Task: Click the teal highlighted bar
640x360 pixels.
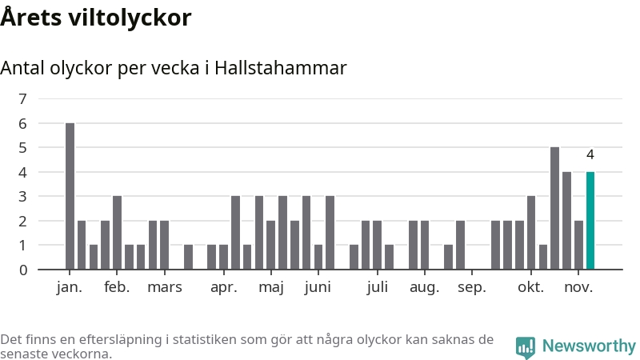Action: click(590, 221)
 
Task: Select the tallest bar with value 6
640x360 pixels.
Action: click(70, 196)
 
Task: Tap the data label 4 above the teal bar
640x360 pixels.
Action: click(590, 155)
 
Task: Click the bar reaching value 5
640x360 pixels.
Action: click(554, 208)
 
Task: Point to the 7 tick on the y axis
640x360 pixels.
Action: click(22, 99)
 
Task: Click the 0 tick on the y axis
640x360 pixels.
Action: click(22, 270)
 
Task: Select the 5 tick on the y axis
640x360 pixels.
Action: click(22, 148)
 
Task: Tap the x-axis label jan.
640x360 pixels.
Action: click(70, 288)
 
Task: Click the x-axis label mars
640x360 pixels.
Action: click(164, 288)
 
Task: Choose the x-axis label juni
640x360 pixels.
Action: click(318, 288)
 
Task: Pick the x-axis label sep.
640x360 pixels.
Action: click(472, 288)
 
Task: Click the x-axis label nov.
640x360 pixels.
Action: click(578, 288)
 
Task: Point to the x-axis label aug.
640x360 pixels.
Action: click(425, 288)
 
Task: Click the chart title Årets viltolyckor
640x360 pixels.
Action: click(96, 17)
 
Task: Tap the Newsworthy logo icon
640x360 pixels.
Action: click(526, 346)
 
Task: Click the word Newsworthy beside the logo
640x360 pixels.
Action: click(589, 346)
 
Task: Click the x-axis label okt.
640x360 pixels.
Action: click(530, 288)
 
